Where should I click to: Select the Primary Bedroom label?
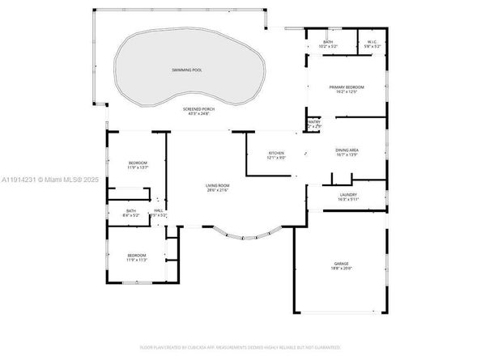pos(346,86)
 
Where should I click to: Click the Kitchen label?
pos(277,153)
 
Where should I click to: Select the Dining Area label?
pos(347,150)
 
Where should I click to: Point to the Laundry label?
pos(347,194)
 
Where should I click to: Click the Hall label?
pos(160,210)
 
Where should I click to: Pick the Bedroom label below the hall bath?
pos(137,255)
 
